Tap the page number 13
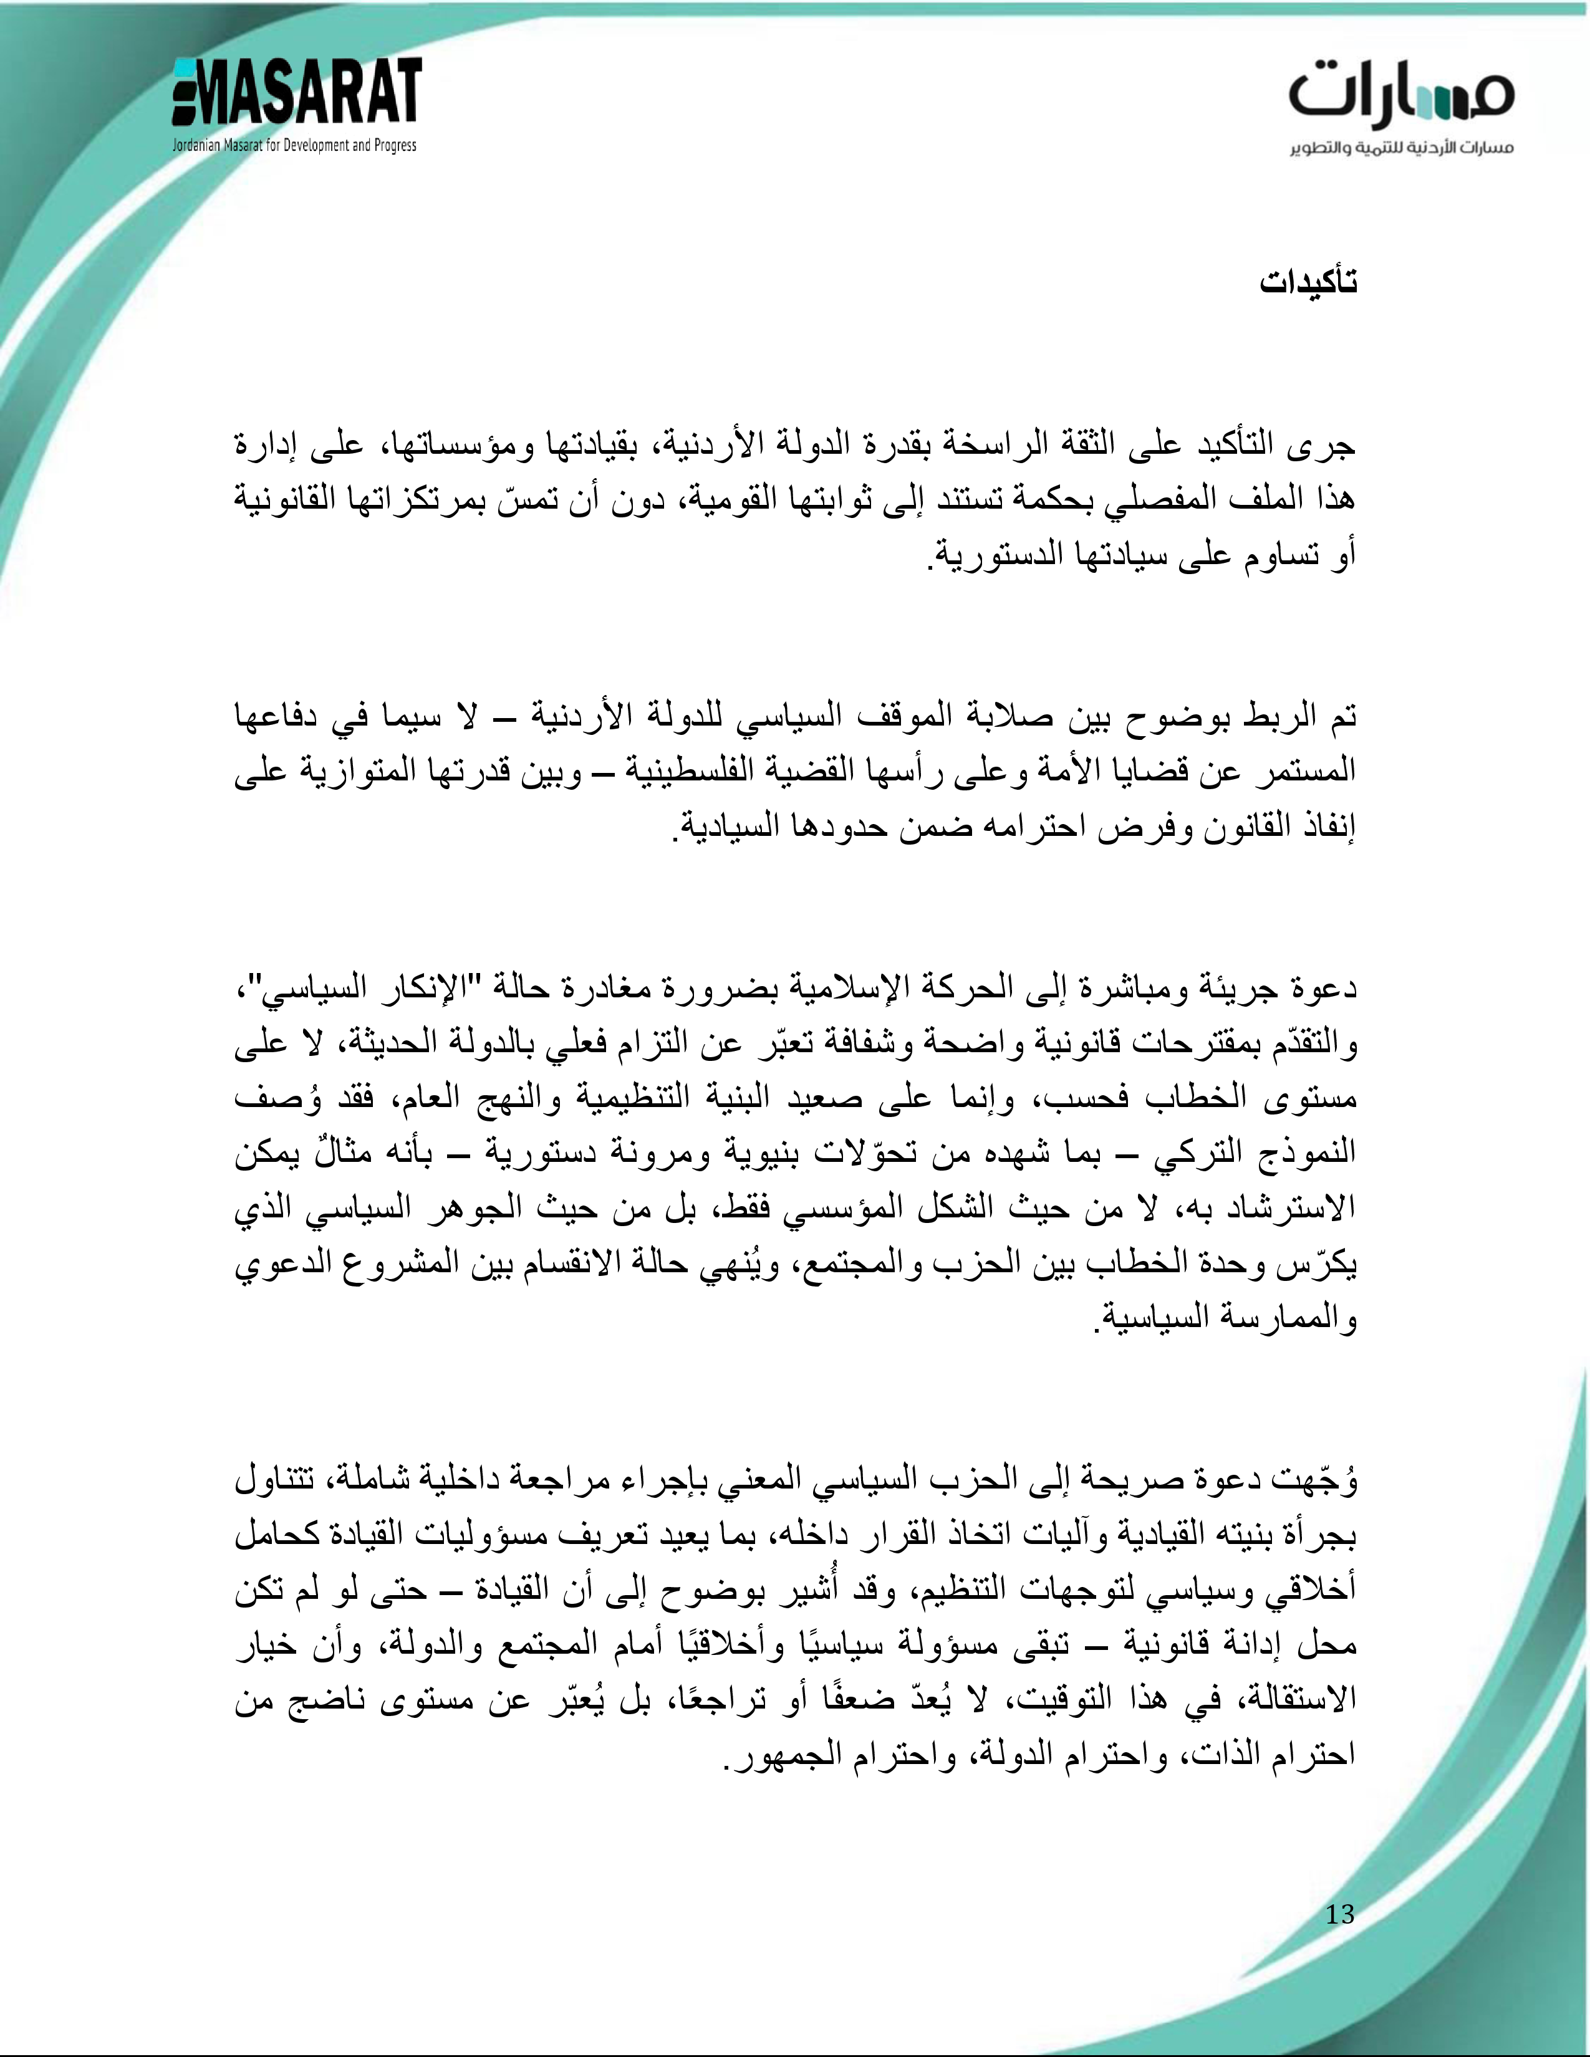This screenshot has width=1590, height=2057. (1339, 1914)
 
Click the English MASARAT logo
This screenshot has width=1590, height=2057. (297, 92)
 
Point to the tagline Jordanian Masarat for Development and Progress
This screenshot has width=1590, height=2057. (294, 146)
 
